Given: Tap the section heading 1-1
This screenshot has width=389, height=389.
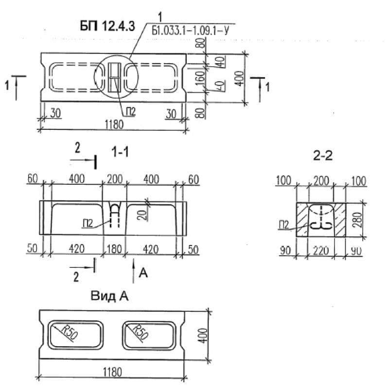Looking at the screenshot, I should (x=120, y=152).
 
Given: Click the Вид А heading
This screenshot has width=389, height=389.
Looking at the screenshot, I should (x=109, y=296).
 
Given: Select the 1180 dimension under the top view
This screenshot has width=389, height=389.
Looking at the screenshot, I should (x=112, y=124).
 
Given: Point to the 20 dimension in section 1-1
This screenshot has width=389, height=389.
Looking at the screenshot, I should (x=141, y=214).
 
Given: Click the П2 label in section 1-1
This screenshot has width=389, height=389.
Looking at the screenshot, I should (x=88, y=223).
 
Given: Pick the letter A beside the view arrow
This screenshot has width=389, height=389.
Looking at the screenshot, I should (x=143, y=274).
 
